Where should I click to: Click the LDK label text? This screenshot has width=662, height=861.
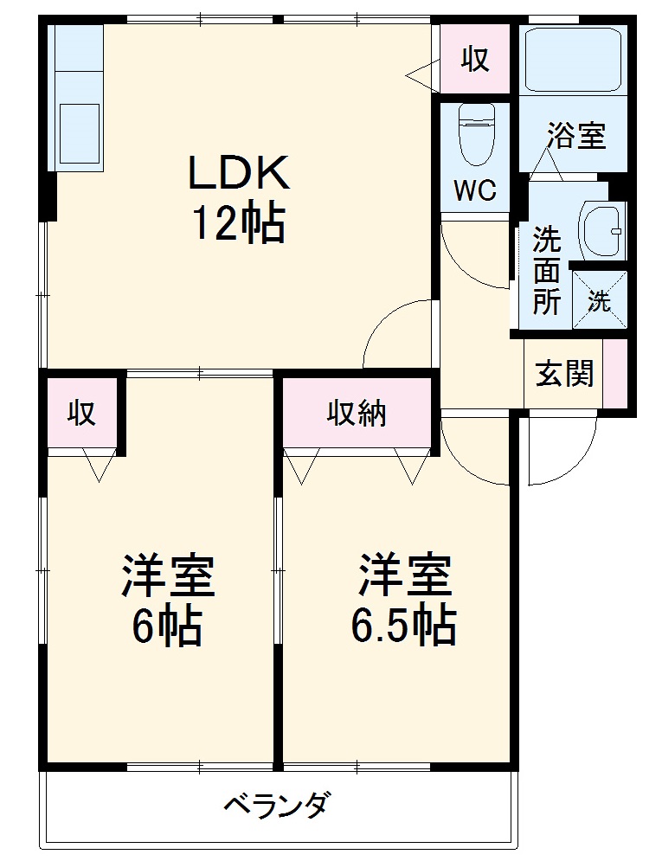click(238, 175)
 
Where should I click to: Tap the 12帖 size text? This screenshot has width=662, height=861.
click(238, 224)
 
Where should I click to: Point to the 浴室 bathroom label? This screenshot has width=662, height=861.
click(575, 136)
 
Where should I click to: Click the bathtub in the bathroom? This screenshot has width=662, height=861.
click(575, 58)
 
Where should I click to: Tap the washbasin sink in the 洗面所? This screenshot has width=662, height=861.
click(601, 230)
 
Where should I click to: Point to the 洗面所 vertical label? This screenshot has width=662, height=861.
click(545, 270)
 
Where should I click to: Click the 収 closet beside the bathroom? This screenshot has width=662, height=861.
click(474, 59)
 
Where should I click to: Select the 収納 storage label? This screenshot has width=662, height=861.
click(356, 414)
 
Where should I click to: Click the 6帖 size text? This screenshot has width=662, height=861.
click(167, 626)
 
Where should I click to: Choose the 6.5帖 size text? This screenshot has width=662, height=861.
click(402, 626)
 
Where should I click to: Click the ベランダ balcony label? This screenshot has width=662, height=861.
click(275, 807)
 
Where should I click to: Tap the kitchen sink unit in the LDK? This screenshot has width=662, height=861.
click(78, 97)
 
